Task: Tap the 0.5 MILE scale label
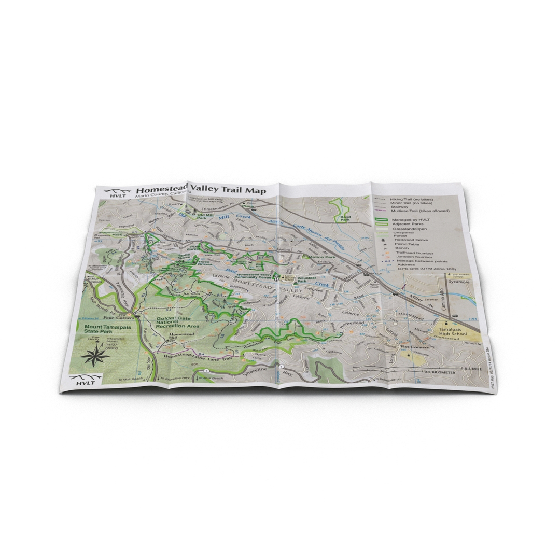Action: click(x=475, y=369)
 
